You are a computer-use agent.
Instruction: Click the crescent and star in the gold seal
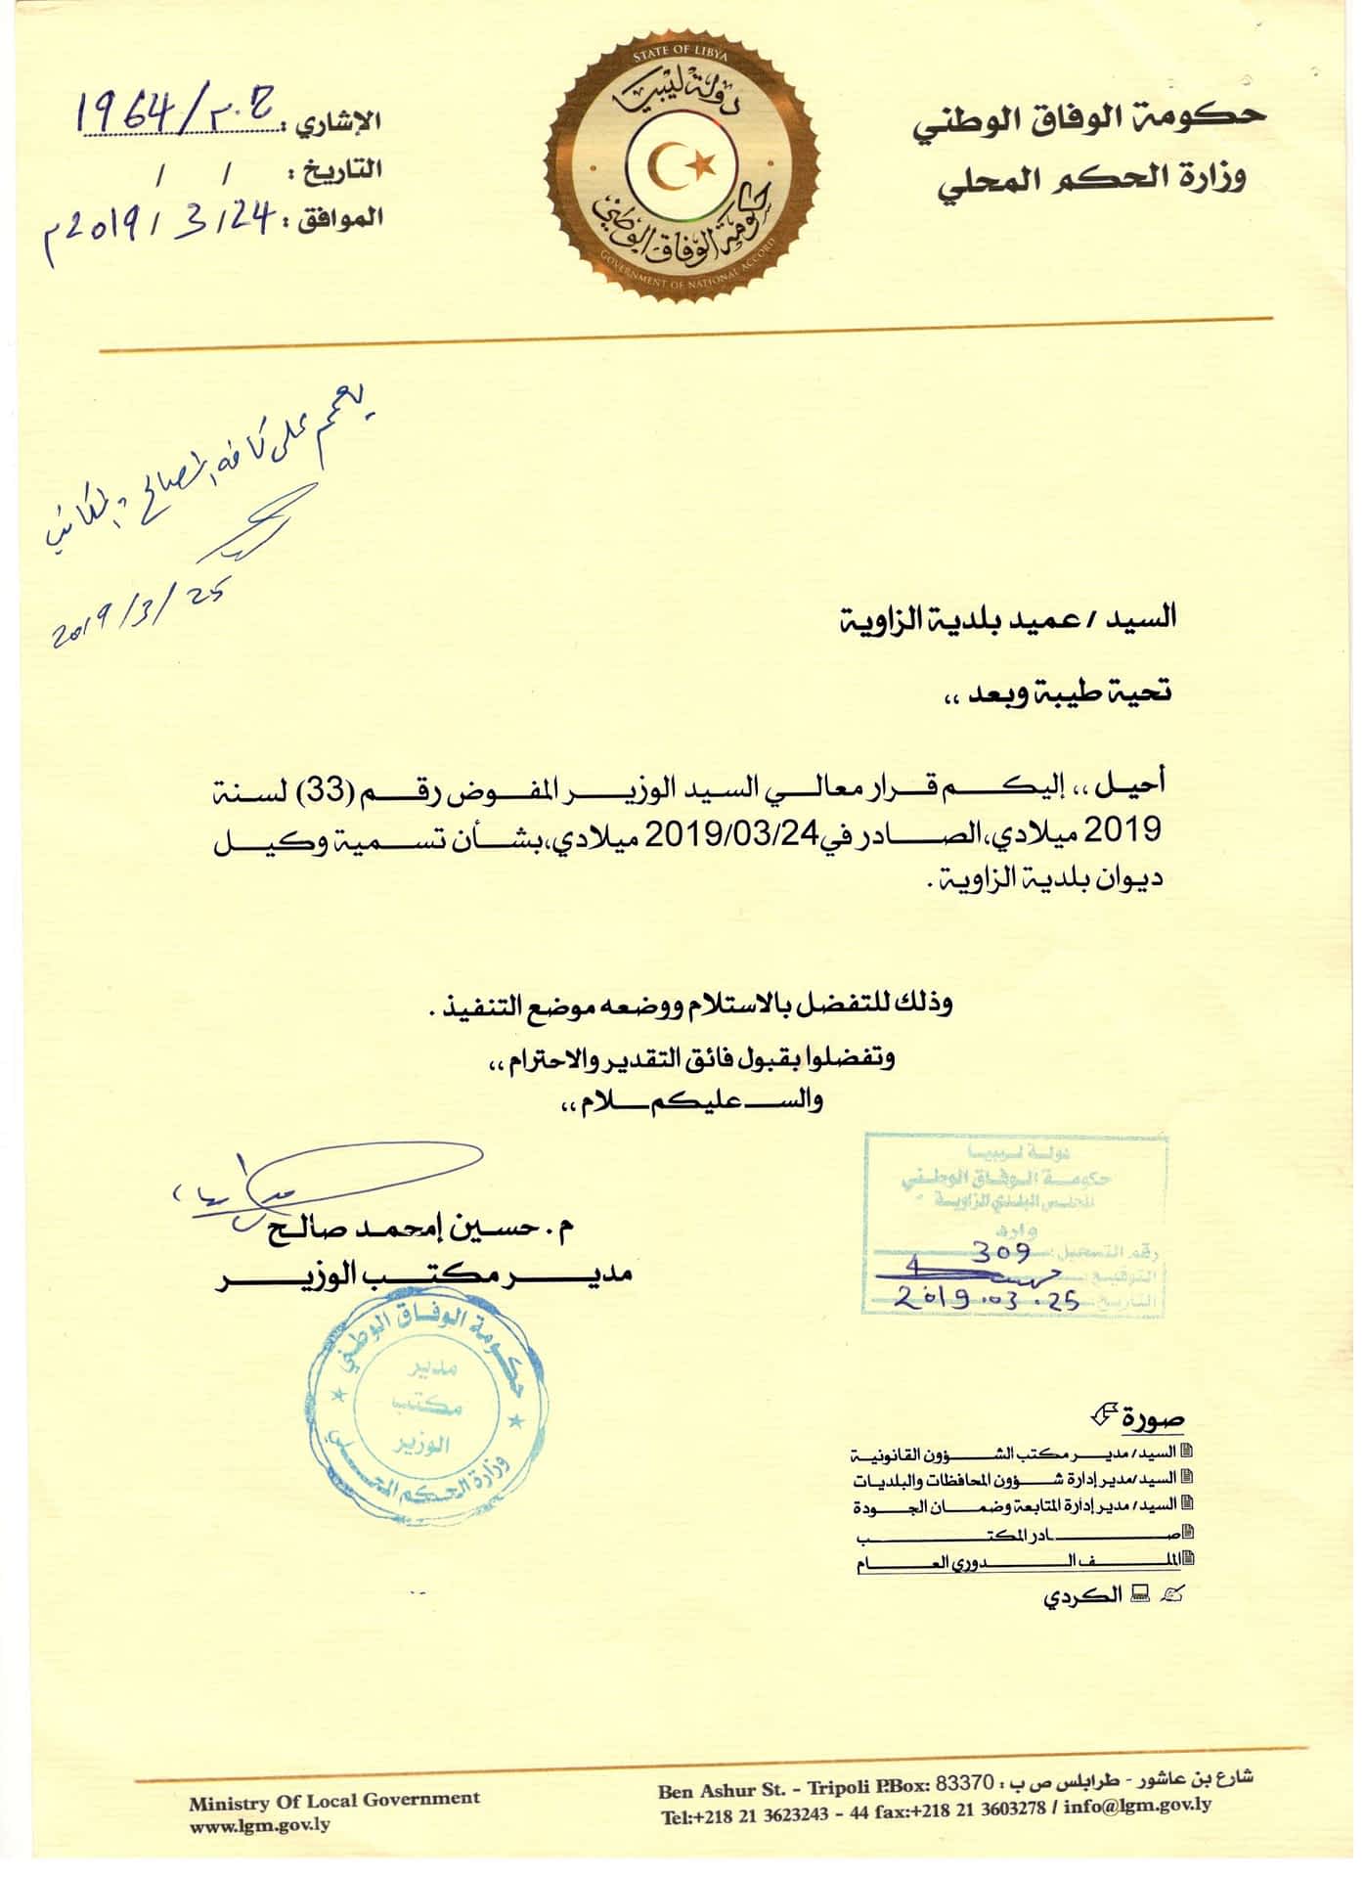pyautogui.click(x=678, y=168)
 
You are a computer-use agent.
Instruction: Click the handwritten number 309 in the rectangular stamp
pyautogui.click(x=1000, y=1252)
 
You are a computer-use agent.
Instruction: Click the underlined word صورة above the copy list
pyautogui.click(x=1154, y=1418)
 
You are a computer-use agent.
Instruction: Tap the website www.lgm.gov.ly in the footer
pyautogui.click(x=259, y=1824)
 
